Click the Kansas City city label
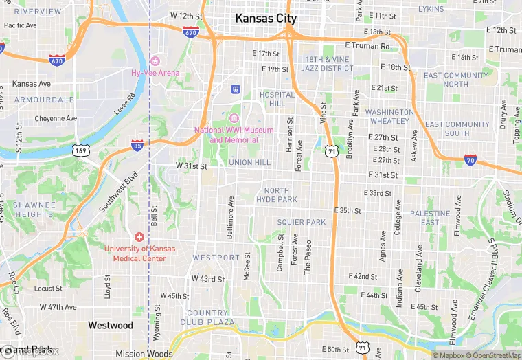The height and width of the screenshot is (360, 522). tap(266, 19)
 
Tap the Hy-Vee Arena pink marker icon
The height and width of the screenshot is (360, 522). tap(155, 62)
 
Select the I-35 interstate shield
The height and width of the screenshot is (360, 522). tap(137, 145)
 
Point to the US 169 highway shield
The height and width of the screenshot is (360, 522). tap(81, 150)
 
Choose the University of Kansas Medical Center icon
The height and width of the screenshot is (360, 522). tap(139, 236)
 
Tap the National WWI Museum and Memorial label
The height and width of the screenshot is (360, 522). tap(234, 135)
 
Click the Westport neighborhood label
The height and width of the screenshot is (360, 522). tap(216, 258)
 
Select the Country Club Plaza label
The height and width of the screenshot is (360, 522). tap(207, 317)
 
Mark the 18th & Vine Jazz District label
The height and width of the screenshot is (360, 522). tap(328, 64)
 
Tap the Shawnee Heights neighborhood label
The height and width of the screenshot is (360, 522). tap(34, 210)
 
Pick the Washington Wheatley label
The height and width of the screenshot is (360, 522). tap(389, 116)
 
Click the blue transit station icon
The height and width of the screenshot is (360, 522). tap(236, 88)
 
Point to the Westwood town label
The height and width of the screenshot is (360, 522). tap(110, 325)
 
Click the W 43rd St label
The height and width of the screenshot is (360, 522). tap(208, 279)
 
